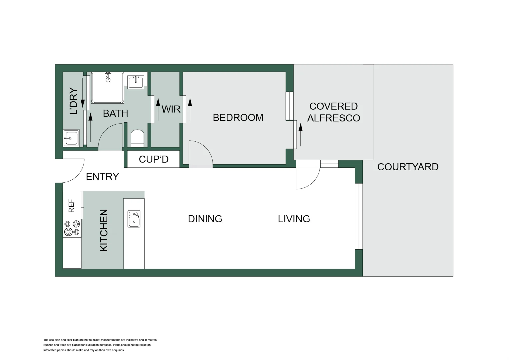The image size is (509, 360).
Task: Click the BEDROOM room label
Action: pyautogui.click(x=238, y=118)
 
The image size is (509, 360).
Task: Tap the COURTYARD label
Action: pyautogui.click(x=408, y=167)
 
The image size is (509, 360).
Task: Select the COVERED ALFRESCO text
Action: pyautogui.click(x=333, y=112)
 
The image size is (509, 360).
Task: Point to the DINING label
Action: pyautogui.click(x=205, y=219)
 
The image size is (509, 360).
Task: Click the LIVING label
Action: pyautogui.click(x=294, y=219)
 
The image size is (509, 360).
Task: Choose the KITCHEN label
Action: pyautogui.click(x=104, y=230)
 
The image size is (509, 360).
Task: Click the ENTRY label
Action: pyautogui.click(x=102, y=177)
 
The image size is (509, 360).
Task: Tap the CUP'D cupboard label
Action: pyautogui.click(x=154, y=159)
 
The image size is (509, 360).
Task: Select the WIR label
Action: pyautogui.click(x=171, y=109)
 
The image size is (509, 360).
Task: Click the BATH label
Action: pyautogui.click(x=115, y=114)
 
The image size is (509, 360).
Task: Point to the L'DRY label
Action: pyautogui.click(x=73, y=101)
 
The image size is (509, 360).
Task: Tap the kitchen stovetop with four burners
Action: pyautogui.click(x=72, y=228)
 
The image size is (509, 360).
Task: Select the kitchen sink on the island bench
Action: pyautogui.click(x=134, y=219)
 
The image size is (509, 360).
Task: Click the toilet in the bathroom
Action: pyautogui.click(x=137, y=138)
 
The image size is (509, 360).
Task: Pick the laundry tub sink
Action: pyautogui.click(x=71, y=138)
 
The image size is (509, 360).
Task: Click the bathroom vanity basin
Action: pyautogui.click(x=136, y=81)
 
